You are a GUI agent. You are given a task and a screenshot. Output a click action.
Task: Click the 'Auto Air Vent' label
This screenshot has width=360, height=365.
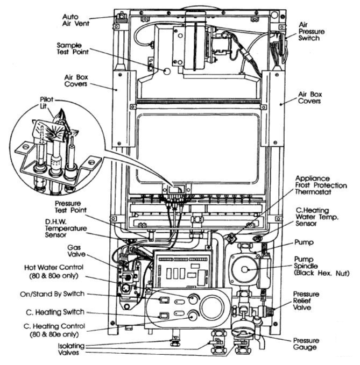pyautogui.click(x=74, y=20)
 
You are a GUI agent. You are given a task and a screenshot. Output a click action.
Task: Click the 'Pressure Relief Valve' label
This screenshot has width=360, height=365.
pyautogui.click(x=308, y=302)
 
